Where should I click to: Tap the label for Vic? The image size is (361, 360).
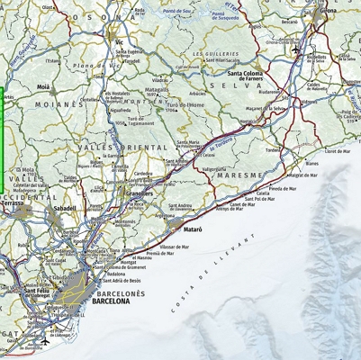coord(120,41)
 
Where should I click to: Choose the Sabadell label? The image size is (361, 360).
coord(66,208)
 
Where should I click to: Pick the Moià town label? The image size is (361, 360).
coord(43,87)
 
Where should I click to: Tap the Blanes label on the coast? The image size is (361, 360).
coord(312,164)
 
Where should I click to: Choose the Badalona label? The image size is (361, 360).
coord(115,274)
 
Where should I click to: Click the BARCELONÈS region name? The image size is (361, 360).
coord(120,293)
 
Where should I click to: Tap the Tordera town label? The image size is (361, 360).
coord(273,150)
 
